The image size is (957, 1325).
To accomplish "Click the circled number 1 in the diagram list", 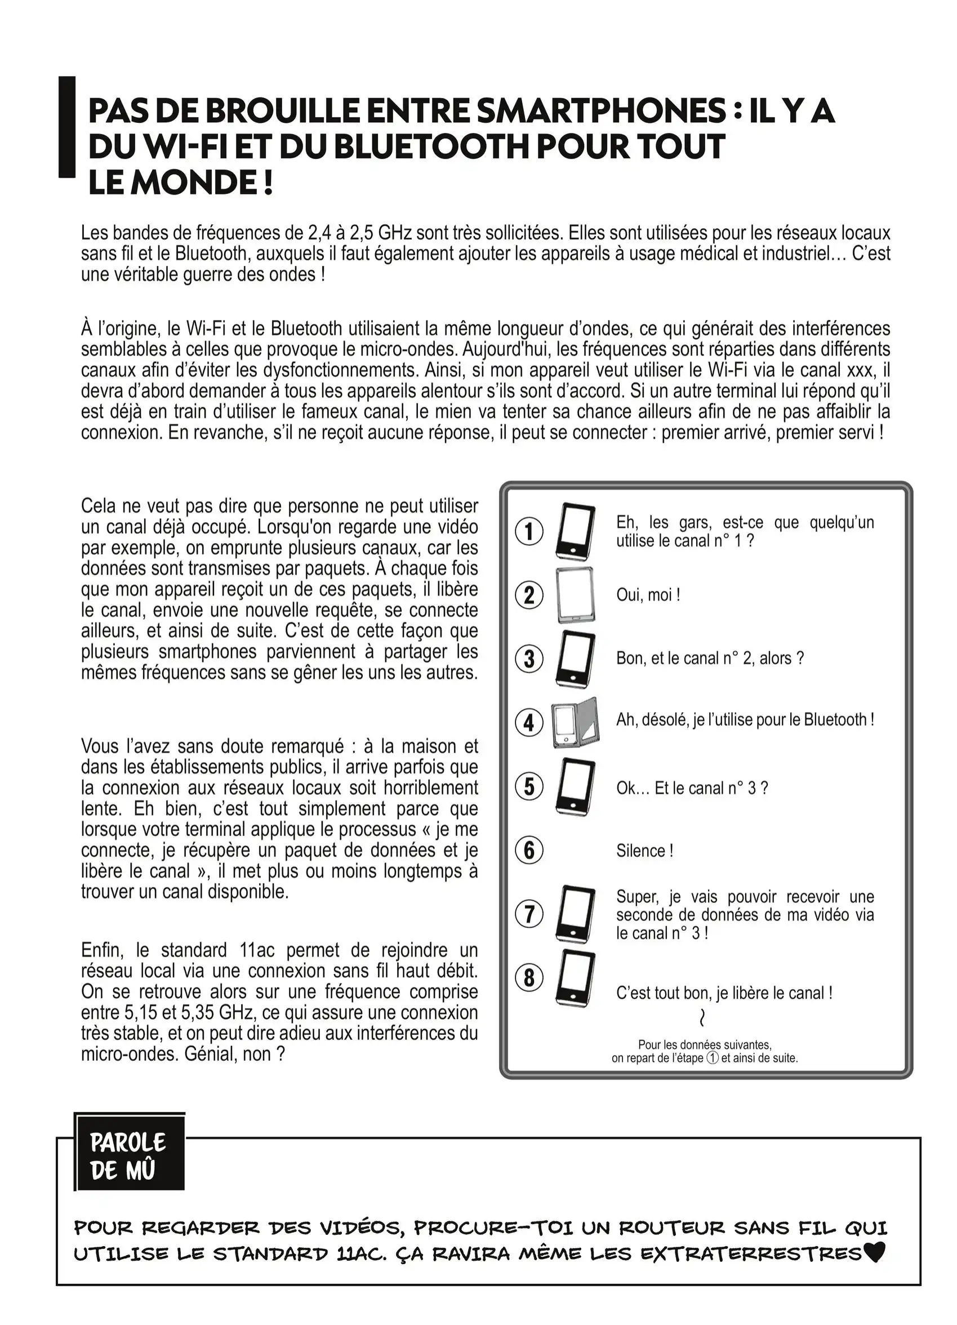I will pyautogui.click(x=529, y=532).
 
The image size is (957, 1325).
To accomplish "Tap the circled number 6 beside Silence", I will pyautogui.click(x=529, y=850).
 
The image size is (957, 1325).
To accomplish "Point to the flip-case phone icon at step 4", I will pyautogui.click(x=575, y=723).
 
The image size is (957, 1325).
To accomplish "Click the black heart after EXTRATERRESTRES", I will pyautogui.click(x=874, y=1252).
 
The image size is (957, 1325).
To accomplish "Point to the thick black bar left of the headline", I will pyautogui.click(x=67, y=127).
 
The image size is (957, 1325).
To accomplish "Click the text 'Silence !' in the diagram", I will pyautogui.click(x=644, y=851).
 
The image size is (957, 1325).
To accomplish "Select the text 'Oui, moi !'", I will pyautogui.click(x=648, y=595).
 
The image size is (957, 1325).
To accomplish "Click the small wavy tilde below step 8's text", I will pyautogui.click(x=702, y=1019).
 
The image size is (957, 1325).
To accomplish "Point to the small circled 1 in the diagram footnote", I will pyautogui.click(x=712, y=1057).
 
